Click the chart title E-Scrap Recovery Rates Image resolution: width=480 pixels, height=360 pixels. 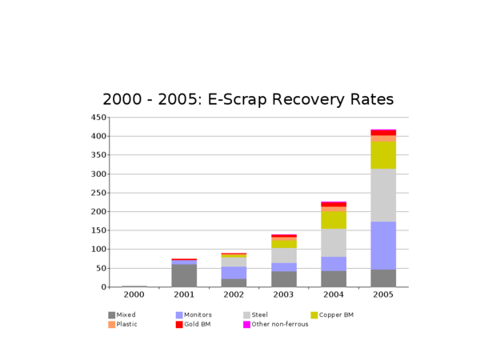coord(248,100)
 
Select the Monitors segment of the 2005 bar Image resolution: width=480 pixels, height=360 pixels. coord(383,246)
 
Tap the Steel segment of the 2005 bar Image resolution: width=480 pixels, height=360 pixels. coord(383,195)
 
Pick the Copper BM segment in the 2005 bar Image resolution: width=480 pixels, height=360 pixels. coord(383,155)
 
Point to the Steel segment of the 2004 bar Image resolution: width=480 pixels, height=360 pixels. coord(334,242)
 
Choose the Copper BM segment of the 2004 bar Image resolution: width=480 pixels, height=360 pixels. coord(334,219)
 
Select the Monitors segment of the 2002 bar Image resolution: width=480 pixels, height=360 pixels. coord(234,273)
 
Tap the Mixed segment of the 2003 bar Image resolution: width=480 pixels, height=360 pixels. coord(284,279)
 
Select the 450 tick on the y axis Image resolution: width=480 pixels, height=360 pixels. coord(98,118)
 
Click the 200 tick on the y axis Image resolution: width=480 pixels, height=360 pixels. coord(98,212)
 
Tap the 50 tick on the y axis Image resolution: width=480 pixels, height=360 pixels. coord(101,269)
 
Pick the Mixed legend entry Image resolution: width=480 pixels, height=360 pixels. coord(124,315)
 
